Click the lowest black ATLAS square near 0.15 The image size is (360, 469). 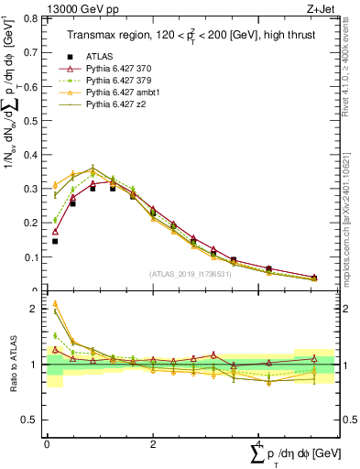55,242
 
